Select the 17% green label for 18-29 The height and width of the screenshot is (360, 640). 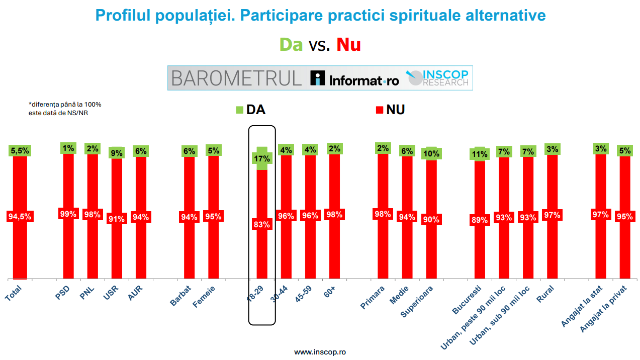click(x=262, y=158)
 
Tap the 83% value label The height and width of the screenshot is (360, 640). click(x=262, y=225)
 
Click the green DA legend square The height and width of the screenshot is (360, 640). click(x=239, y=110)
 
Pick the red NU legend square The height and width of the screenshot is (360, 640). click(x=380, y=110)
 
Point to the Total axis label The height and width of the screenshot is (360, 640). click(x=14, y=293)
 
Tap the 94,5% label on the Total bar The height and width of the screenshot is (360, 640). click(x=20, y=217)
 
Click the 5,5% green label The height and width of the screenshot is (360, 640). click(x=20, y=150)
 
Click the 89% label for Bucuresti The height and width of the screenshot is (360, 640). click(x=480, y=220)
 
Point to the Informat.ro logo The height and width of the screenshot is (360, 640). click(x=355, y=78)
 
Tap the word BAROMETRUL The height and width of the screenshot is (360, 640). click(x=236, y=78)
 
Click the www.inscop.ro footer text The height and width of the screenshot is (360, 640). click(x=320, y=352)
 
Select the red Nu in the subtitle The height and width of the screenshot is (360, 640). click(x=348, y=45)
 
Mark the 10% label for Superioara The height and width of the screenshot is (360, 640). click(x=431, y=154)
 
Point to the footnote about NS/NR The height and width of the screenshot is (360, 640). click(x=65, y=108)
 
